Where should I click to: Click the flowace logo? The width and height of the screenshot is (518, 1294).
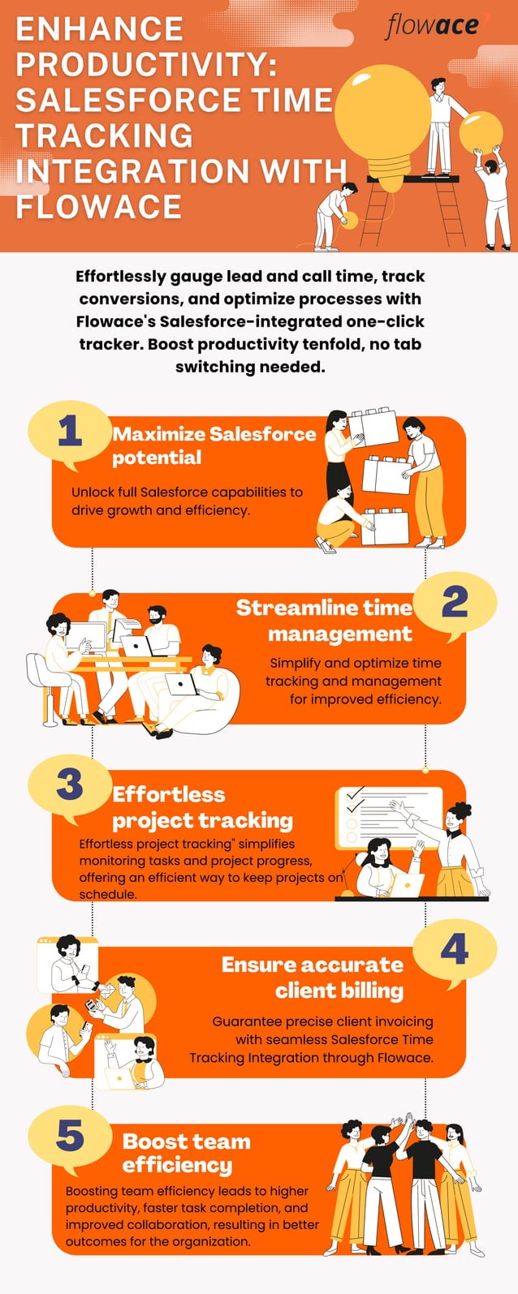point(432,26)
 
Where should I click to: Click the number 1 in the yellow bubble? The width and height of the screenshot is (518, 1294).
point(70,431)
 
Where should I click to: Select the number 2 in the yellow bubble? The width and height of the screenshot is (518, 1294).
point(455,603)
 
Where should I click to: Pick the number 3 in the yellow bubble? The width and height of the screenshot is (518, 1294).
point(70,784)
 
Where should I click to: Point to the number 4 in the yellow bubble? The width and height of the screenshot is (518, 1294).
point(455,949)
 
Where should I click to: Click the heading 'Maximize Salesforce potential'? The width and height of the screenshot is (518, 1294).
point(214,445)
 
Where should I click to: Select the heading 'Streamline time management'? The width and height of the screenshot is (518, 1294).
point(325,620)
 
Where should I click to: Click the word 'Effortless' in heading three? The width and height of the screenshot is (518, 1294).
point(169,794)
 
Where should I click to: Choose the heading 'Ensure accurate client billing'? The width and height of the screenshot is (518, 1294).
point(313,977)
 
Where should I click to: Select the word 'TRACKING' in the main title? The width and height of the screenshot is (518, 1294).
point(104,135)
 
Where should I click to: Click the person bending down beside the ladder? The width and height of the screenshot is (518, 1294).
point(335,213)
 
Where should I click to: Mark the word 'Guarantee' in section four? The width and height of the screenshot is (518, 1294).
point(248,1021)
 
